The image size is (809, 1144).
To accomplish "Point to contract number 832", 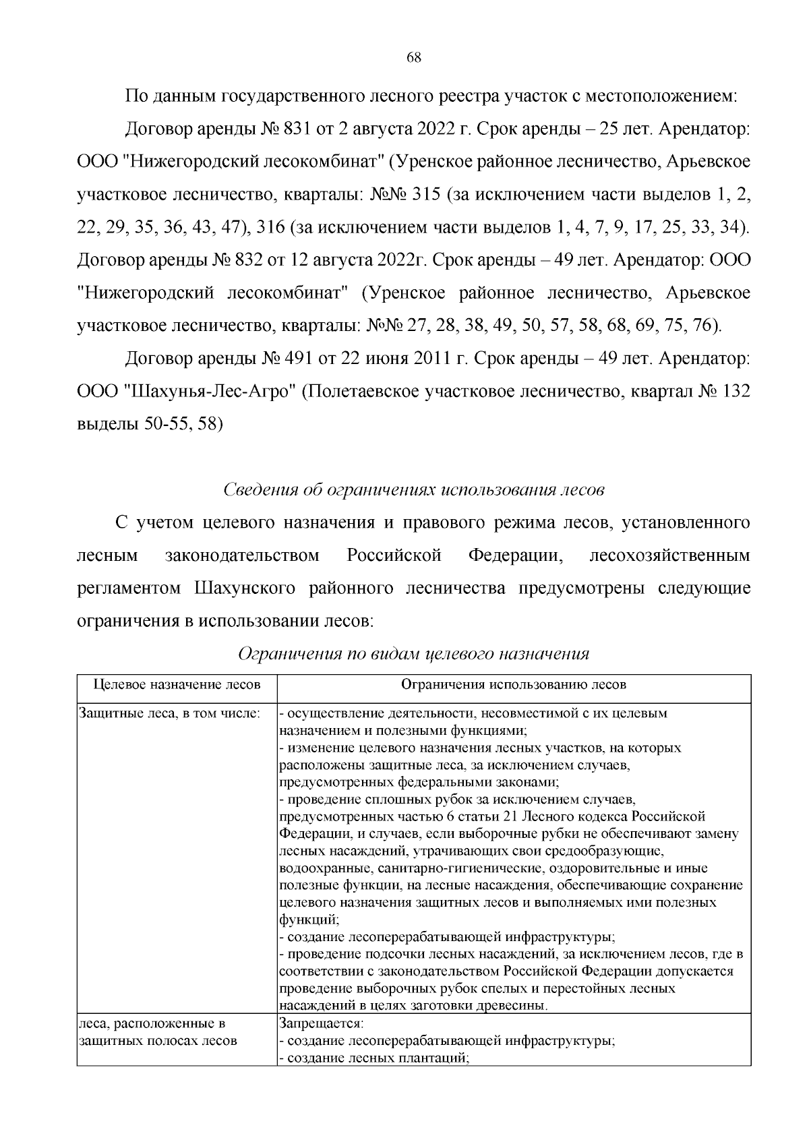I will pos(249,260).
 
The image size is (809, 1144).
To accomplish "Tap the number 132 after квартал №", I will pos(735,392).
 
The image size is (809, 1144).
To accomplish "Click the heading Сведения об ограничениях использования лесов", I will pos(413,489).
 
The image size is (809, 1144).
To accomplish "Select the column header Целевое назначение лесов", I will pos(177,685).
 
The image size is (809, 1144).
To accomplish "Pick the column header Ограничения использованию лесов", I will pos(514,685).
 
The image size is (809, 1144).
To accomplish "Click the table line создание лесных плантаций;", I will pos(374,1058).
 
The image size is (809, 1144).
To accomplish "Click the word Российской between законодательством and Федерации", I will pos(394,555).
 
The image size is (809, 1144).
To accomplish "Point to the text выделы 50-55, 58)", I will pos(150,424).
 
